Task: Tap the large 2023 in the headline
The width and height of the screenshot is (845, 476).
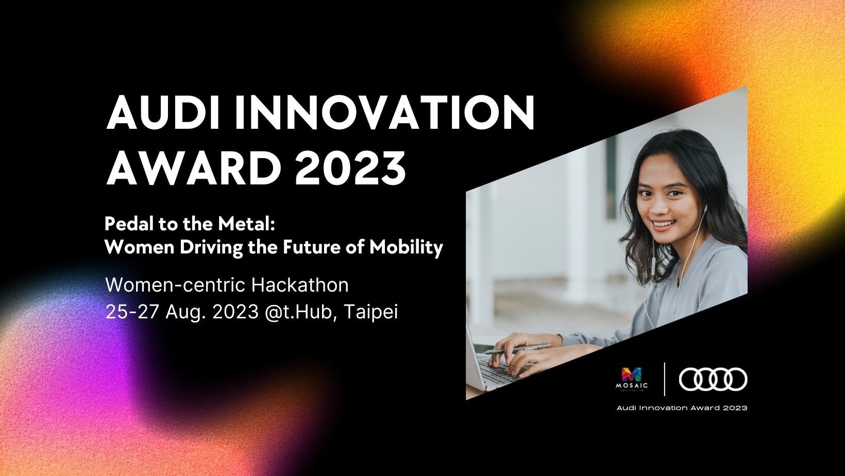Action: pyautogui.click(x=350, y=167)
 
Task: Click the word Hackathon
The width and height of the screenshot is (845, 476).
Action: pyautogui.click(x=300, y=285)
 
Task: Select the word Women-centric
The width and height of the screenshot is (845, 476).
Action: pyautogui.click(x=175, y=285)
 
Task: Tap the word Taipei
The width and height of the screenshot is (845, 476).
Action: pyautogui.click(x=371, y=312)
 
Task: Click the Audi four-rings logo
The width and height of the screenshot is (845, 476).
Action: pyautogui.click(x=713, y=379)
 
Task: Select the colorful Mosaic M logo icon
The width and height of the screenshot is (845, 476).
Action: pyautogui.click(x=632, y=375)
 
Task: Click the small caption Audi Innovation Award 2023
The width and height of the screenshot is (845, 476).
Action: pyautogui.click(x=682, y=407)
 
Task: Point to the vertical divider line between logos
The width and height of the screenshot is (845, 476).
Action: pyautogui.click(x=664, y=379)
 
